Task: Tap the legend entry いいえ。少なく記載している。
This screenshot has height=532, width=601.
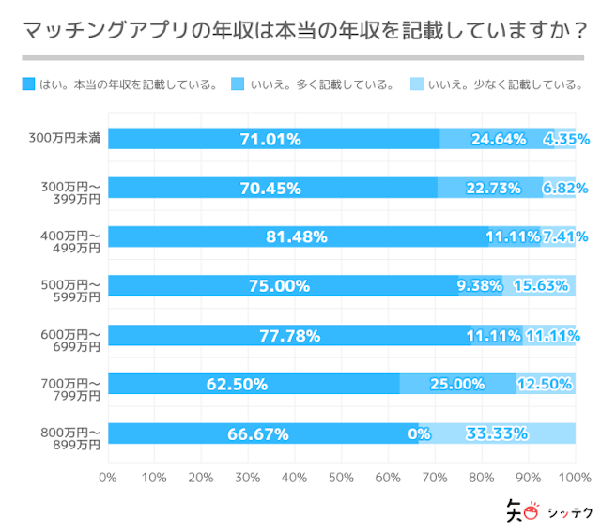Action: [497, 84]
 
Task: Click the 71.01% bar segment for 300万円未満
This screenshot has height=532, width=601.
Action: [273, 139]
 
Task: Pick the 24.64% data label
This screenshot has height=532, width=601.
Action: [498, 139]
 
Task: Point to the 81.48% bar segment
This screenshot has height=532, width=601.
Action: [297, 236]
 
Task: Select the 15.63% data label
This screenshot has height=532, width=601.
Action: [542, 286]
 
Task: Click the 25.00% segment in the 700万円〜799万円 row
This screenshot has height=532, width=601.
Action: [457, 384]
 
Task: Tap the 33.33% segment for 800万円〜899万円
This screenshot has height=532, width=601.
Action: [497, 433]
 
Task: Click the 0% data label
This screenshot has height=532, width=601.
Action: [419, 433]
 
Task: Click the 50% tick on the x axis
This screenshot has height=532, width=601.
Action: [341, 477]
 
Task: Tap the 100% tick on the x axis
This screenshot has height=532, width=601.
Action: [573, 477]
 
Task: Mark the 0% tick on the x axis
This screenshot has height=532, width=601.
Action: [107, 477]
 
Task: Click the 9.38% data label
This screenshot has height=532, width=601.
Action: [480, 286]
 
